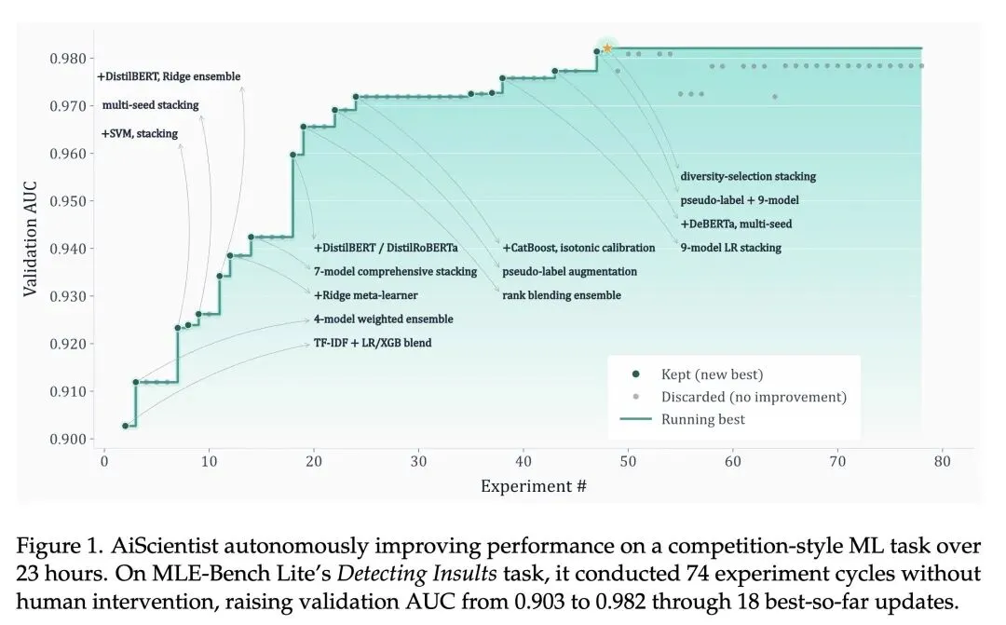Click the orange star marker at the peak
pyautogui.click(x=607, y=48)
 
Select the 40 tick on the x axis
pyautogui.click(x=523, y=461)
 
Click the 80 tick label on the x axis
pyautogui.click(x=943, y=461)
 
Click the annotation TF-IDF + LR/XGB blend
pyautogui.click(x=373, y=343)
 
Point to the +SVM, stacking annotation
pyautogui.click(x=139, y=134)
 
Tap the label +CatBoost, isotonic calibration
pyautogui.click(x=578, y=248)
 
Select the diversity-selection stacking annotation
pyautogui.click(x=748, y=176)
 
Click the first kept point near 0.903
pyautogui.click(x=126, y=426)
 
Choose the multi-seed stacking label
pyautogui.click(x=150, y=105)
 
